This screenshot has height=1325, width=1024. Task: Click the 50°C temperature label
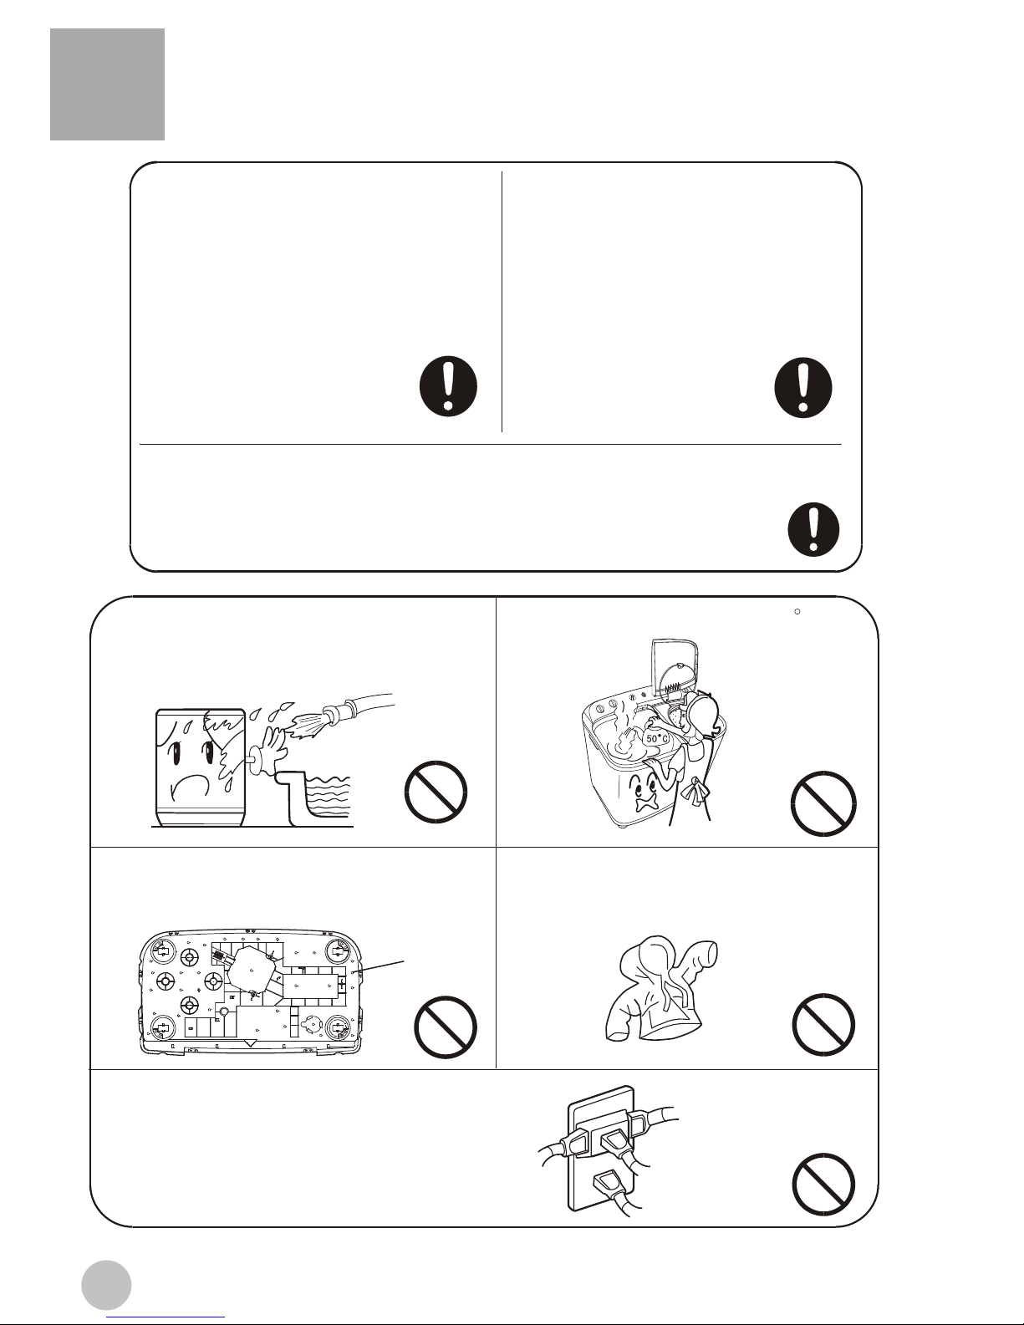657,738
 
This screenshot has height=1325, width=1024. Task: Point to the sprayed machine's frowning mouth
190,787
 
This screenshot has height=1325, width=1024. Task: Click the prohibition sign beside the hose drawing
436,792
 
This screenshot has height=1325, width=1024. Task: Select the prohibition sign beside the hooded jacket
823,1024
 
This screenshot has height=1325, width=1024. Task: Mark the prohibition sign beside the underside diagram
446,1027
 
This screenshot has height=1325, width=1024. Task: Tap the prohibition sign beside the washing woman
823,803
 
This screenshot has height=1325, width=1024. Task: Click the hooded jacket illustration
662,988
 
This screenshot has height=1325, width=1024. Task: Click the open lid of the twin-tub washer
675,668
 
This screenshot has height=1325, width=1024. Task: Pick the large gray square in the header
107,84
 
